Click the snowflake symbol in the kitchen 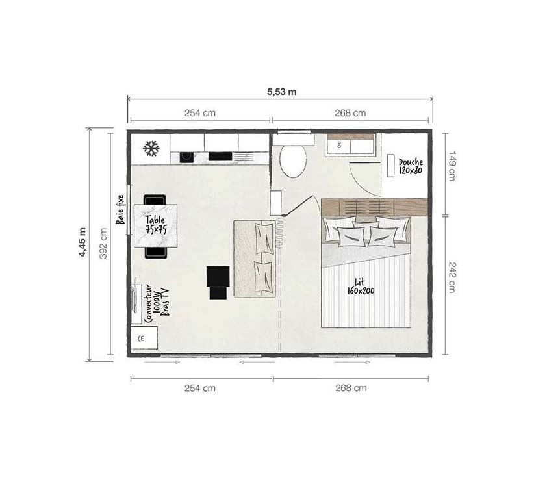tap(151, 149)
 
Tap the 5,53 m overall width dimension tap(281, 92)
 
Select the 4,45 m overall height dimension tap(83, 242)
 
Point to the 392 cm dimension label tap(103, 243)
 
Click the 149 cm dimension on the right tap(452, 166)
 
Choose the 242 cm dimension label tap(452, 278)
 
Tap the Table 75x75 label tap(155, 224)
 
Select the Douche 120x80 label tap(411, 166)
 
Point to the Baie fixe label tap(120, 209)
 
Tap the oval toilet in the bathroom tap(293, 161)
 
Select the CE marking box tap(143, 337)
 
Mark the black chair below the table tap(155, 252)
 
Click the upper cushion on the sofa tap(264, 237)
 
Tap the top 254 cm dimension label tap(199, 113)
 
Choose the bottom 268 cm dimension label tap(350, 388)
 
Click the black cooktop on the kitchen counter tap(220, 156)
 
